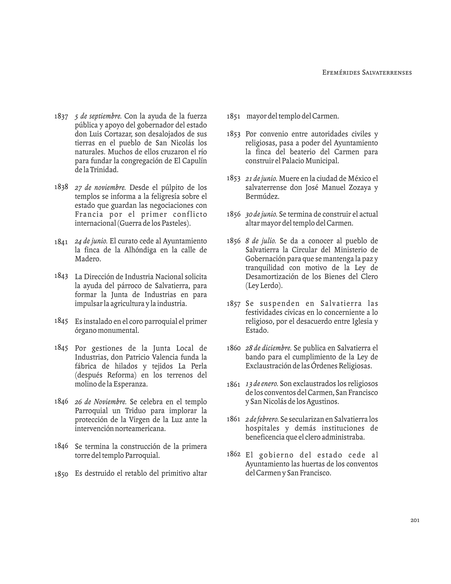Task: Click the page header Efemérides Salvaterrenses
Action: pyautogui.click(x=367, y=73)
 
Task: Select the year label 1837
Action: pyautogui.click(x=61, y=117)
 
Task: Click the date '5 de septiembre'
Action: pyautogui.click(x=98, y=116)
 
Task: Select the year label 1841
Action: pyautogui.click(x=61, y=242)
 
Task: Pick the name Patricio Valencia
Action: pyautogui.click(x=152, y=357)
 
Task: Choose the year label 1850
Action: pyautogui.click(x=61, y=474)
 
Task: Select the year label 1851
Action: pyautogui.click(x=233, y=117)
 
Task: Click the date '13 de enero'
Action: pyautogui.click(x=262, y=384)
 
